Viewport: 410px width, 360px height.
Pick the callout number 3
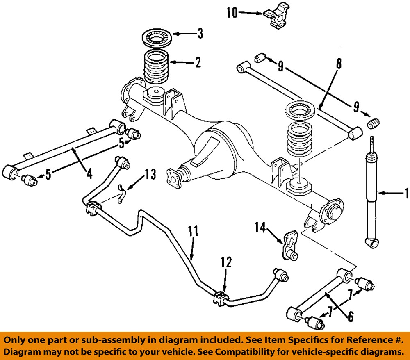(200, 33)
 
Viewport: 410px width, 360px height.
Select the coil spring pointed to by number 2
(156, 68)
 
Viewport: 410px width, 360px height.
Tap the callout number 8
(338, 64)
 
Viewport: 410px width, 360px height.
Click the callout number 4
(89, 174)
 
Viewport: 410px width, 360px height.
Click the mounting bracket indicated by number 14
(289, 246)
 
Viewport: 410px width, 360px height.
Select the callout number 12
(226, 262)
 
